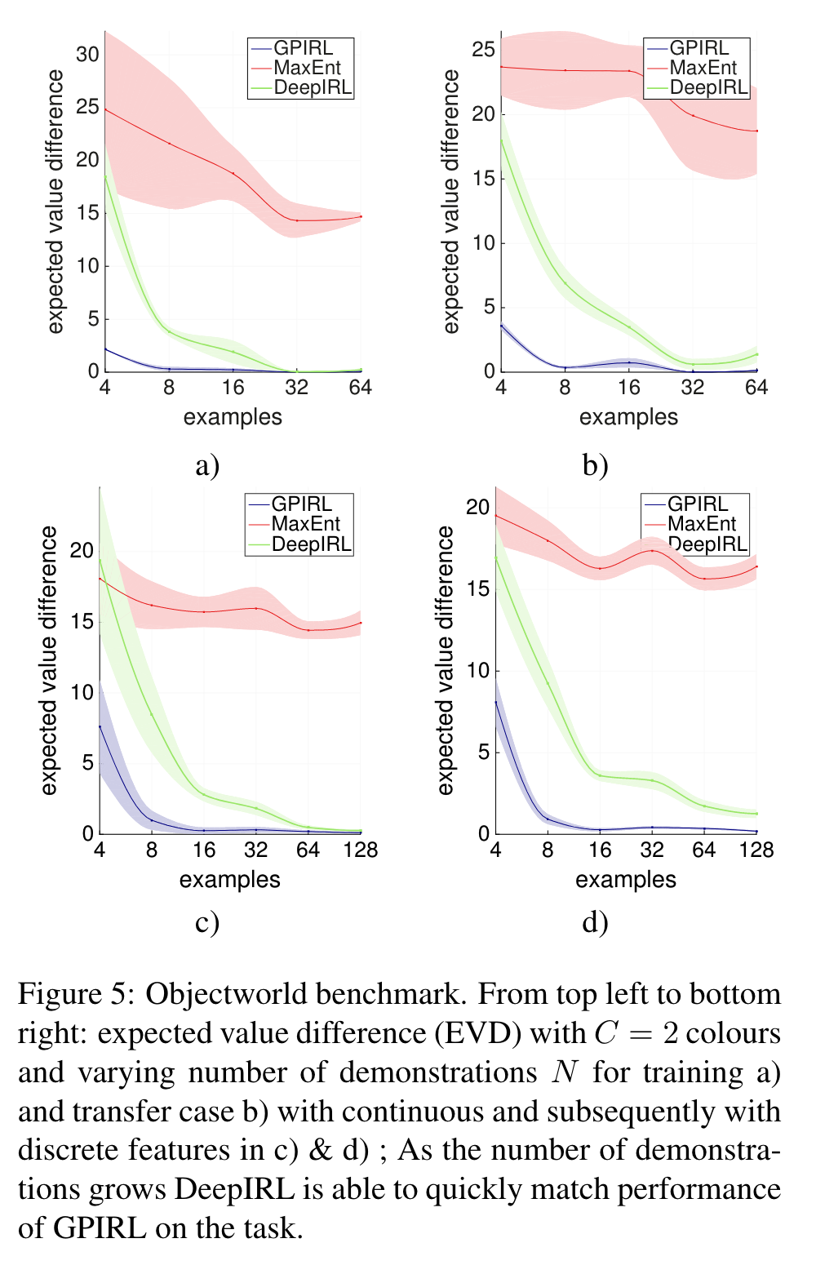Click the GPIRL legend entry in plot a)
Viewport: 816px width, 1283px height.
303,48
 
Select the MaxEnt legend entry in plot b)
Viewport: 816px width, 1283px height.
703,68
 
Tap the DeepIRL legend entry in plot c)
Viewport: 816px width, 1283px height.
311,544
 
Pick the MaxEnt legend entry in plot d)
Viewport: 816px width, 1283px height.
702,524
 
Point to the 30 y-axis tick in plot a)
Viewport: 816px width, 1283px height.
87,55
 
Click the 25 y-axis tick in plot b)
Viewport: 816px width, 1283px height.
484,50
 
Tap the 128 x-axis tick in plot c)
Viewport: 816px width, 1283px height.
361,850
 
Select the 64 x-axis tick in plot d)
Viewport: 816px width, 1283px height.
704,850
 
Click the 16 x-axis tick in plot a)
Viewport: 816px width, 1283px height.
233,388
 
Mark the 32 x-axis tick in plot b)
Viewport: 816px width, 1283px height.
693,388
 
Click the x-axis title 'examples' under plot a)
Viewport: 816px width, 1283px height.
233,417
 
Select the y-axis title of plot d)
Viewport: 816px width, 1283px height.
445,660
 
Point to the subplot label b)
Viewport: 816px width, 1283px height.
596,466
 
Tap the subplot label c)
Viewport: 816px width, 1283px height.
208,922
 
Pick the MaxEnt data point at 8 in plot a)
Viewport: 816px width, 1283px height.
169,144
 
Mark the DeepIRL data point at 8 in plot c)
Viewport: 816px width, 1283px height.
152,715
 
